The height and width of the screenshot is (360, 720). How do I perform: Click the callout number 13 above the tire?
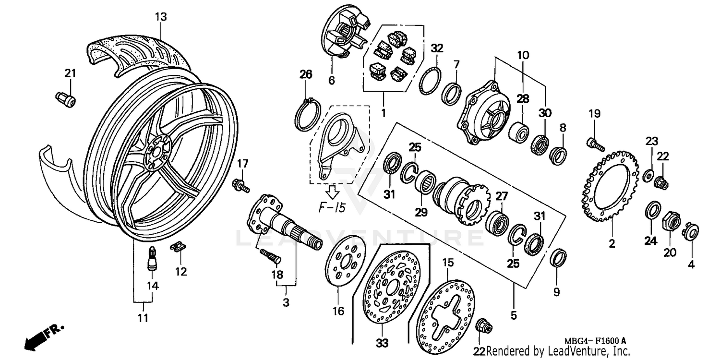tap(161, 17)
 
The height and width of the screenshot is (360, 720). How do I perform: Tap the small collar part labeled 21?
tap(65, 98)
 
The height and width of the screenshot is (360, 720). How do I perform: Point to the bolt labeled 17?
tap(240, 185)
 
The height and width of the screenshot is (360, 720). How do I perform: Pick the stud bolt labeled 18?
tap(270, 256)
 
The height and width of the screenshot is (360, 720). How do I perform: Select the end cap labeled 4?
tap(691, 231)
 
